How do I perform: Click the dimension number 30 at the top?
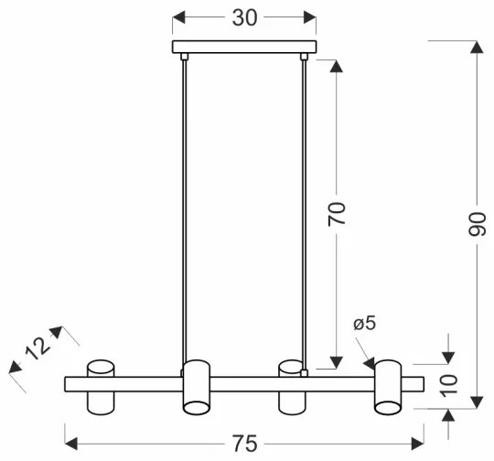pos(243,18)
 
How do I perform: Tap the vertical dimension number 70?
pos(337,214)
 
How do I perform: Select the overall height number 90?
pos(477,225)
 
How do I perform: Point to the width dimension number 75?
pos(243,444)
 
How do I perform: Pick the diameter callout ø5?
pos(363,324)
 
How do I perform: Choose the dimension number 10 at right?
pos(448,383)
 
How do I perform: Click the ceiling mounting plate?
pos(243,47)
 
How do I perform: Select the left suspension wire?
pos(185,210)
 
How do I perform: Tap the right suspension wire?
pos(303,210)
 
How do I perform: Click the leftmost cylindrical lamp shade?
pos(101,389)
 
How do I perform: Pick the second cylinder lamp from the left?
pos(195,389)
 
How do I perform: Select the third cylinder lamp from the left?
pos(291,389)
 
